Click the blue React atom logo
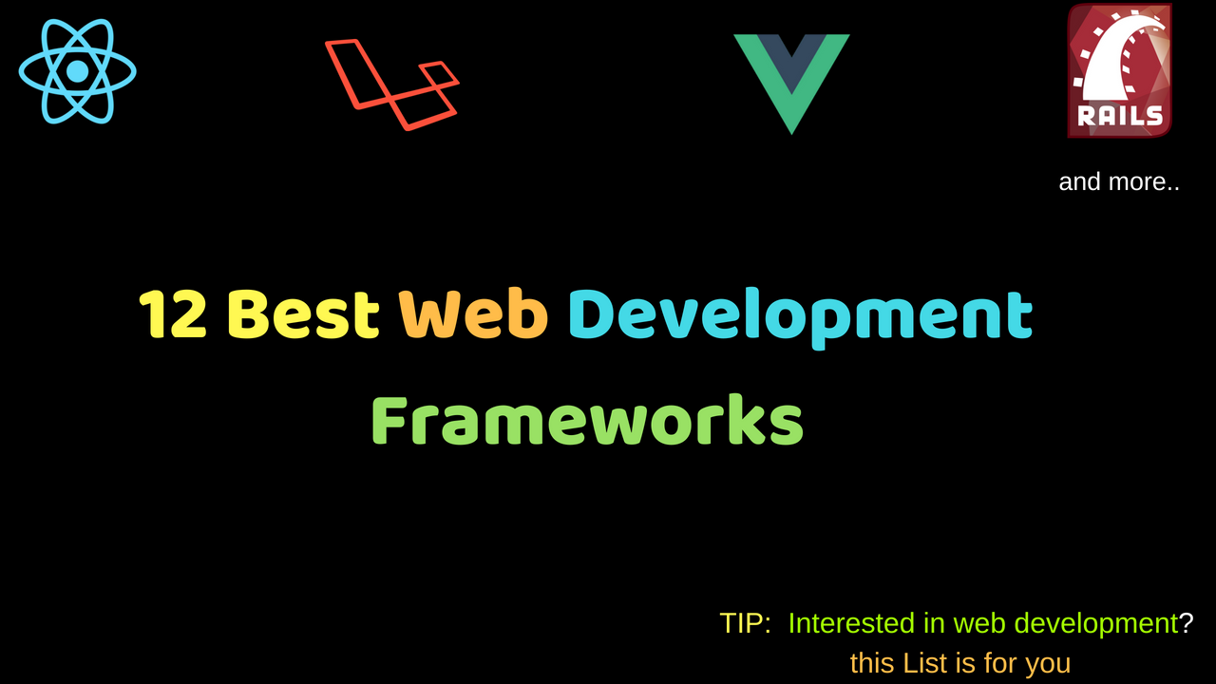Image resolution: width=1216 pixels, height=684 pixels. tap(77, 71)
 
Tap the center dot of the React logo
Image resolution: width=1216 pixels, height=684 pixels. tap(77, 71)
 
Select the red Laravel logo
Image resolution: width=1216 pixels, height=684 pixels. tap(392, 85)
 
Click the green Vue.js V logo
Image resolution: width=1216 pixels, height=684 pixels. tap(791, 85)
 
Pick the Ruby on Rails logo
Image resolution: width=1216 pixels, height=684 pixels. tap(1119, 70)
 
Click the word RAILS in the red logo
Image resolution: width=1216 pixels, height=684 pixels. tap(1120, 116)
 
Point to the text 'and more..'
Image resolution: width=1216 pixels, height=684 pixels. tap(1119, 181)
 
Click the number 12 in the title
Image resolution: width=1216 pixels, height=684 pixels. tap(173, 314)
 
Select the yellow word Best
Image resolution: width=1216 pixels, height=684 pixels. tap(303, 314)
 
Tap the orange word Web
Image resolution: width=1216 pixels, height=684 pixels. tap(473, 314)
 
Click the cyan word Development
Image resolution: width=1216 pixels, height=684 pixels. tap(800, 318)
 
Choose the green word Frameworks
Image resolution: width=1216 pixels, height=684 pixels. tap(587, 420)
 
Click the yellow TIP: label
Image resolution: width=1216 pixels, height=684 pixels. tap(745, 623)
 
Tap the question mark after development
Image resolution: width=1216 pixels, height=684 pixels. tap(1187, 623)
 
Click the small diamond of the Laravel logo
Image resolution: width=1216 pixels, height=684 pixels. tap(439, 75)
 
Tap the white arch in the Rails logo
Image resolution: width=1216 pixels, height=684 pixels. tap(1117, 60)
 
